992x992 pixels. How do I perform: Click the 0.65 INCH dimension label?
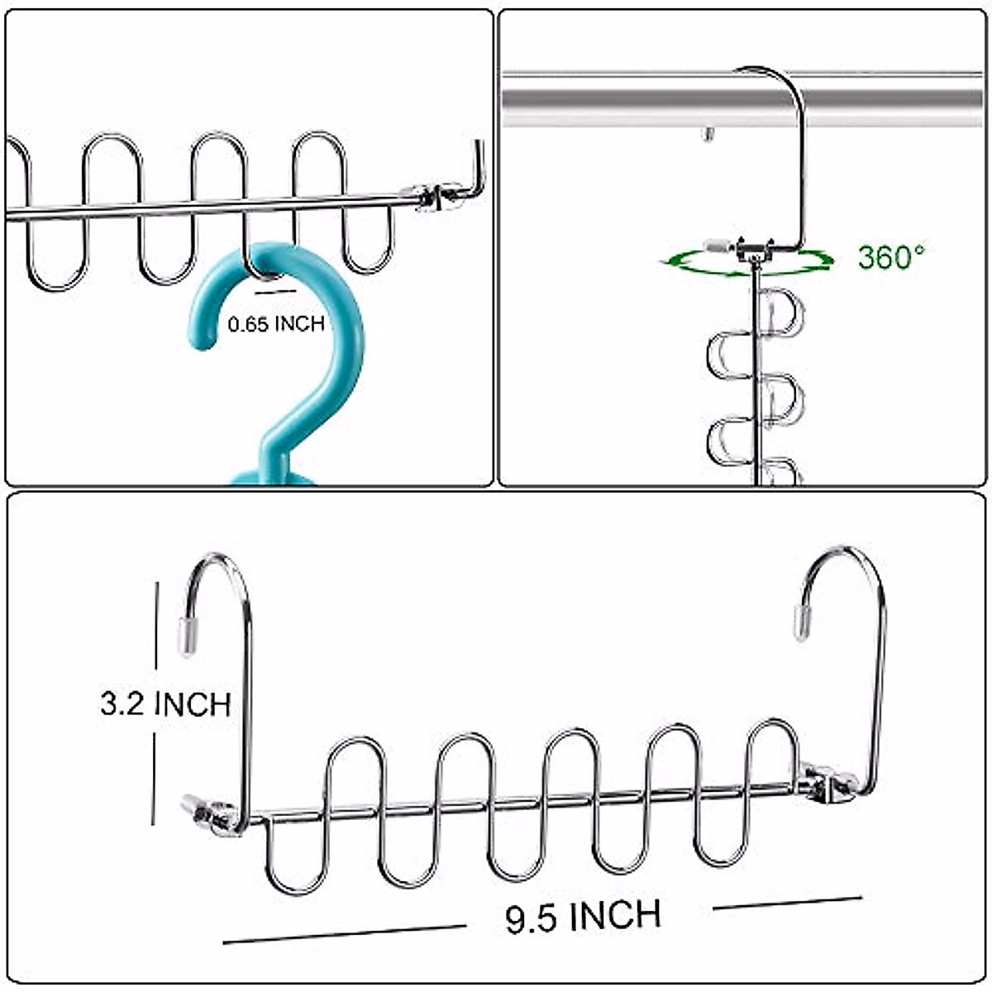pyautogui.click(x=276, y=324)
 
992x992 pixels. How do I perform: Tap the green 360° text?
pyautogui.click(x=891, y=257)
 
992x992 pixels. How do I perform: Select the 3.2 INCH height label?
pyautogui.click(x=165, y=703)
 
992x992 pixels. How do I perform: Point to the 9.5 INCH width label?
pyautogui.click(x=584, y=917)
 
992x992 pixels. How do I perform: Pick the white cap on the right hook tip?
pyautogui.click(x=801, y=622)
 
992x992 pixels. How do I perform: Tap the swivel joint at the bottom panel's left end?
pyautogui.click(x=212, y=814)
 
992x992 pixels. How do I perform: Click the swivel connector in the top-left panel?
pyautogui.click(x=432, y=197)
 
